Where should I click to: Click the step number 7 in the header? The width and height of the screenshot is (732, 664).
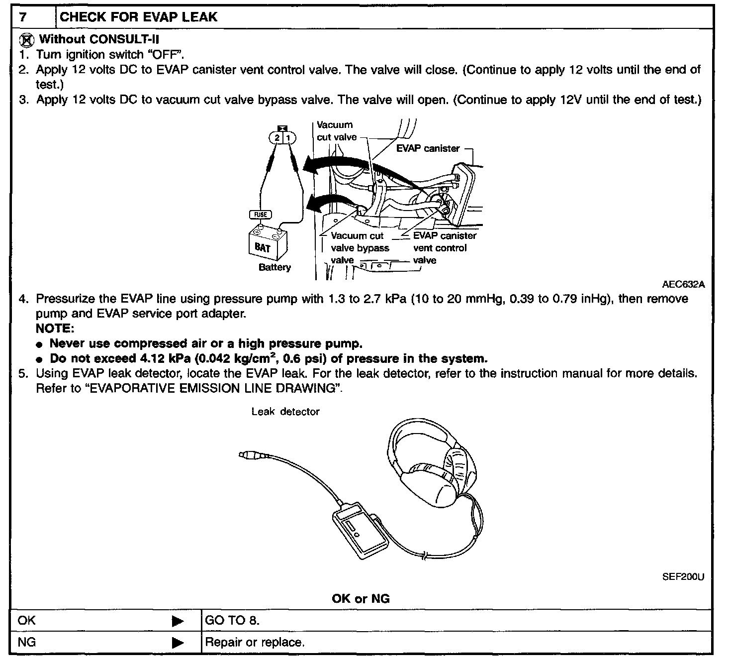pyautogui.click(x=22, y=17)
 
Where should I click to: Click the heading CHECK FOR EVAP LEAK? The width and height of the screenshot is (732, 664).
pyautogui.click(x=138, y=17)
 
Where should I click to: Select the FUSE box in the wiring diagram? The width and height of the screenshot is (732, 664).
pyautogui.click(x=261, y=215)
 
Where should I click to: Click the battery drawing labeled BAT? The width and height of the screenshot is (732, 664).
pyautogui.click(x=267, y=243)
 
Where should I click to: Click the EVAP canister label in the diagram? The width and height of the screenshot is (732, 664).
pyautogui.click(x=428, y=148)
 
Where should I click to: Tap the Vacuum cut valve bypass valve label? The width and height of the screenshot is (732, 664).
pyautogui.click(x=360, y=248)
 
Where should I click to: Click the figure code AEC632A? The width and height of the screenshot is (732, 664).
pyautogui.click(x=683, y=285)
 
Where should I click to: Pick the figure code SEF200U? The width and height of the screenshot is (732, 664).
pyautogui.click(x=683, y=577)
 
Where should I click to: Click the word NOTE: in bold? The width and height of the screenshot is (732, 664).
pyautogui.click(x=55, y=329)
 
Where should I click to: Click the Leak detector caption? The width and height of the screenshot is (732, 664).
pyautogui.click(x=285, y=412)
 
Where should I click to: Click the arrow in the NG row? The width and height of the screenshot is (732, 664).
pyautogui.click(x=178, y=643)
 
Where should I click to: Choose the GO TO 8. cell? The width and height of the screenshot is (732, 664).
pyautogui.click(x=232, y=621)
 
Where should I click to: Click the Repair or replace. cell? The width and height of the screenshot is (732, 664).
pyautogui.click(x=255, y=643)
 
